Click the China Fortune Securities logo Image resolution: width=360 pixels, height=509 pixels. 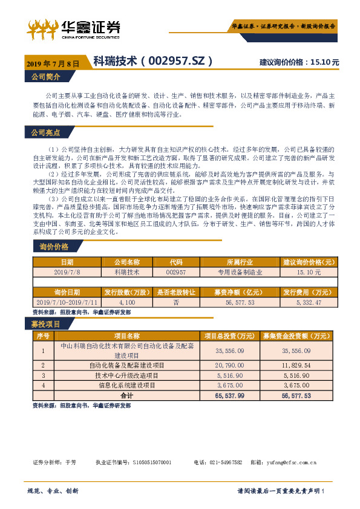(73, 28)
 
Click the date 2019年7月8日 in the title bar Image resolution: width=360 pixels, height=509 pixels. (53, 63)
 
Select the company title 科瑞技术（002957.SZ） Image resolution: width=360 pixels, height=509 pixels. (153, 62)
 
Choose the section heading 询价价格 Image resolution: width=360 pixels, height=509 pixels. (54, 230)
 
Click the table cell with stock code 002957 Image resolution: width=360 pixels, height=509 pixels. (175, 273)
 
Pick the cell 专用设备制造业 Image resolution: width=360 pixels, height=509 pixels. (240, 273)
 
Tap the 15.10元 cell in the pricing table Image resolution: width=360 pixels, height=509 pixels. (309, 273)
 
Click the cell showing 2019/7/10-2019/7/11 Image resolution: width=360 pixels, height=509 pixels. (67, 302)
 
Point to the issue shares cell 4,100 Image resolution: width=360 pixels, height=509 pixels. (126, 302)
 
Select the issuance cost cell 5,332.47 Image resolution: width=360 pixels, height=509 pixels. (309, 302)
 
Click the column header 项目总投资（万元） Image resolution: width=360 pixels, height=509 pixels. (229, 336)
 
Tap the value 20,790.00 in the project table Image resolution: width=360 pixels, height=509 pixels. (229, 366)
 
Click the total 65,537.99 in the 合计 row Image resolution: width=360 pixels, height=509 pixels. (229, 395)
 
